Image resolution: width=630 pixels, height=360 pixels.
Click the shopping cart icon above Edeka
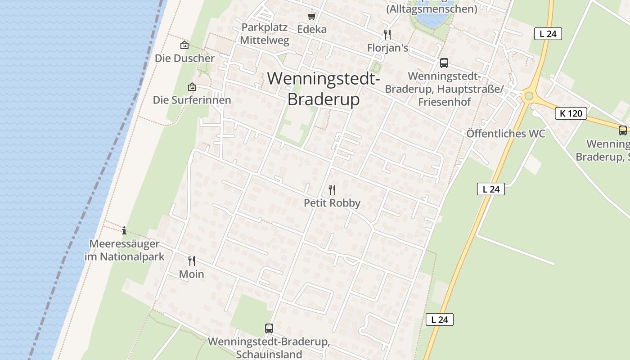tap(311, 17)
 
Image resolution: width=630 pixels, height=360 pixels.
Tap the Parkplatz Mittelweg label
tap(264, 33)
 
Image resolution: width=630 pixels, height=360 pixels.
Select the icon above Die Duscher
tap(184, 45)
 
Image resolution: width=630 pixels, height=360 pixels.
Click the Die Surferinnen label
tap(192, 100)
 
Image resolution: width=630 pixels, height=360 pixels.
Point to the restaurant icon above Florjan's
tap(387, 34)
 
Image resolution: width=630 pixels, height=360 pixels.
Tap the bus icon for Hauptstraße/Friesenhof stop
tap(444, 63)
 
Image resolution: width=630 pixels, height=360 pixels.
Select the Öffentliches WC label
tap(505, 134)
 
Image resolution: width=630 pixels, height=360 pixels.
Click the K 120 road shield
tap(571, 113)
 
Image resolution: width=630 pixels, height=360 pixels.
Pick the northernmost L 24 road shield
tap(548, 34)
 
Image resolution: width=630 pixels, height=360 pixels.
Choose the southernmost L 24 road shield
tap(440, 319)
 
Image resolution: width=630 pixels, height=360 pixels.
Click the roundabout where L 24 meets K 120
tap(529, 96)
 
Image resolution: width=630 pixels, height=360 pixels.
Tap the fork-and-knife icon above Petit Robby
tap(332, 190)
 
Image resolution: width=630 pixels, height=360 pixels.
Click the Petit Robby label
tap(332, 203)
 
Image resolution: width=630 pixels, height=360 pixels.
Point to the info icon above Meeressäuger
tap(124, 231)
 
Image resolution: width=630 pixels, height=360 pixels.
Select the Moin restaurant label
tap(192, 274)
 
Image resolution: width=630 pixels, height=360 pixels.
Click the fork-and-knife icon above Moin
tap(192, 261)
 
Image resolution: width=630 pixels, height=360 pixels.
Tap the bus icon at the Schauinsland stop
tap(269, 328)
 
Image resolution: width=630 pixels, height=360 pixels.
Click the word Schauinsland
tap(269, 354)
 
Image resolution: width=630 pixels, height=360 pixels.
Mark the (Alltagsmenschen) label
tap(432, 9)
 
